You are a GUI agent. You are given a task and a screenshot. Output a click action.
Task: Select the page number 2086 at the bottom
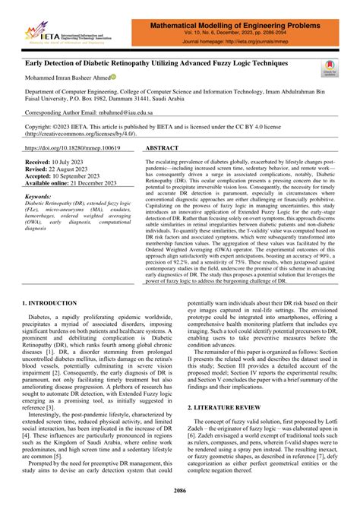point(179,493)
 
